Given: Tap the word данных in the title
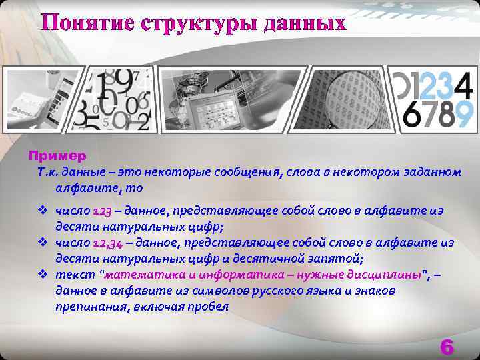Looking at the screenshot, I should pos(305,24).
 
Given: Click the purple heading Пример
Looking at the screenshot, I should pos(57,156).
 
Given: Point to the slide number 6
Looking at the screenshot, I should pos(447,347).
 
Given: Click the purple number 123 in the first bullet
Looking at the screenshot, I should pos(102,211).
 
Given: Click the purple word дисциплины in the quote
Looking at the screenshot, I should pos(388,274).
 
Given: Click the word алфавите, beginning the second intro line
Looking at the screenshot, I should pos(87,188).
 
